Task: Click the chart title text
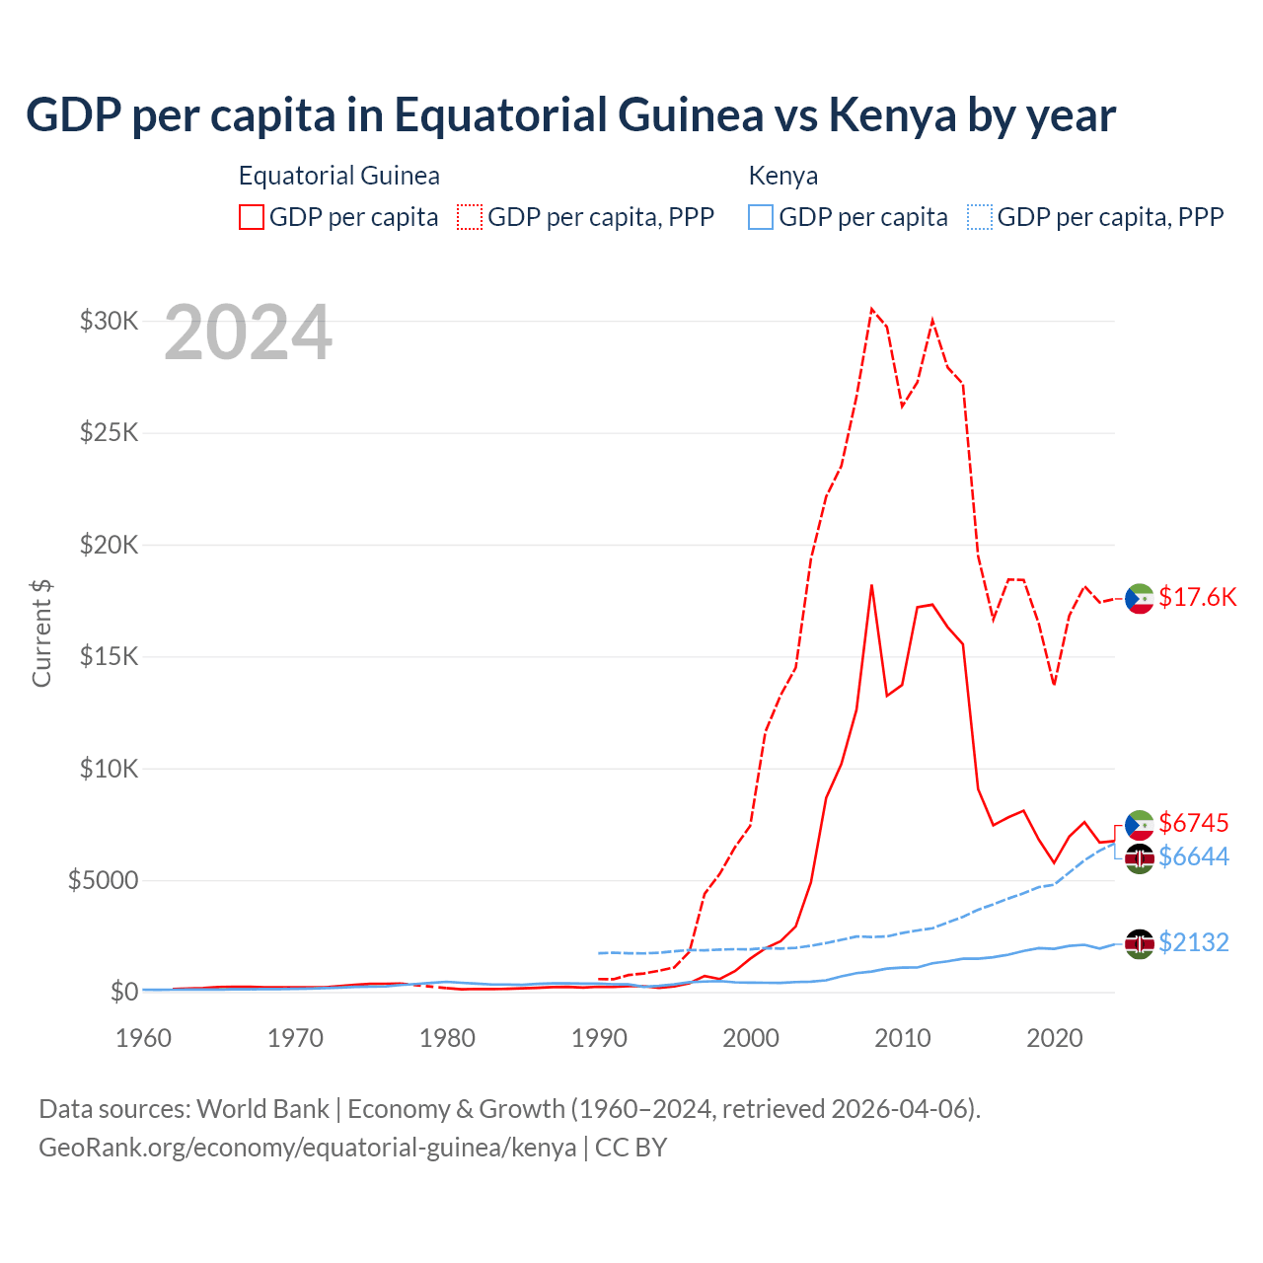tap(570, 115)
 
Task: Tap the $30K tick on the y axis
tap(109, 321)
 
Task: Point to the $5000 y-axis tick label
tap(103, 880)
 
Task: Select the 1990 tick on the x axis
tap(599, 1038)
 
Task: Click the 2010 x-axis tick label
tap(903, 1038)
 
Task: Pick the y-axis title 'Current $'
tap(41, 633)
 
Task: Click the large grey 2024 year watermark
tap(248, 334)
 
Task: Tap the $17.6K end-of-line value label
tap(1197, 597)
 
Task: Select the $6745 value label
tap(1193, 823)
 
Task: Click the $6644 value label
tap(1193, 856)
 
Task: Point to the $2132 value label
tap(1193, 942)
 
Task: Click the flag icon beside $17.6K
tap(1140, 598)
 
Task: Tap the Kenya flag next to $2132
tap(1140, 943)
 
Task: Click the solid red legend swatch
tap(252, 217)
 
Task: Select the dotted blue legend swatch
tap(980, 217)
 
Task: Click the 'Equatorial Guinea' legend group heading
tap(339, 176)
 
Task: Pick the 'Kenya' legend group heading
tap(783, 176)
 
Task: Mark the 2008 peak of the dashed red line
tap(871, 309)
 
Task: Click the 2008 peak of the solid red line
tap(871, 585)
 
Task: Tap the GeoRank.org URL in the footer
tap(307, 1148)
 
